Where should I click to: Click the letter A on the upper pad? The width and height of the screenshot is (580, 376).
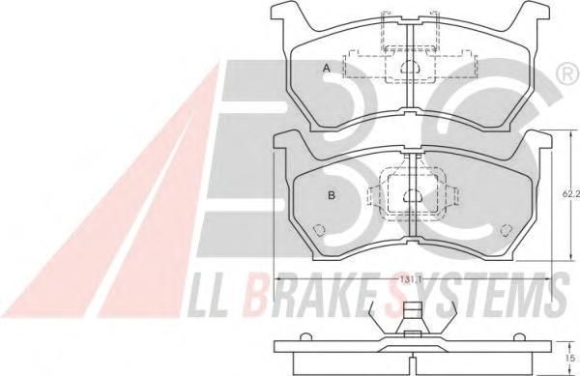click(x=326, y=68)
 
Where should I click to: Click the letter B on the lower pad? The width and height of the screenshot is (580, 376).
click(x=332, y=195)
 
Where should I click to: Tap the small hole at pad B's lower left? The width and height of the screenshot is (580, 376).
click(x=318, y=230)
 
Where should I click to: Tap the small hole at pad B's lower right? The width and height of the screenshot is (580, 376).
click(x=506, y=230)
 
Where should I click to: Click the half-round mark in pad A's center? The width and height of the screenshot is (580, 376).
click(x=410, y=67)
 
